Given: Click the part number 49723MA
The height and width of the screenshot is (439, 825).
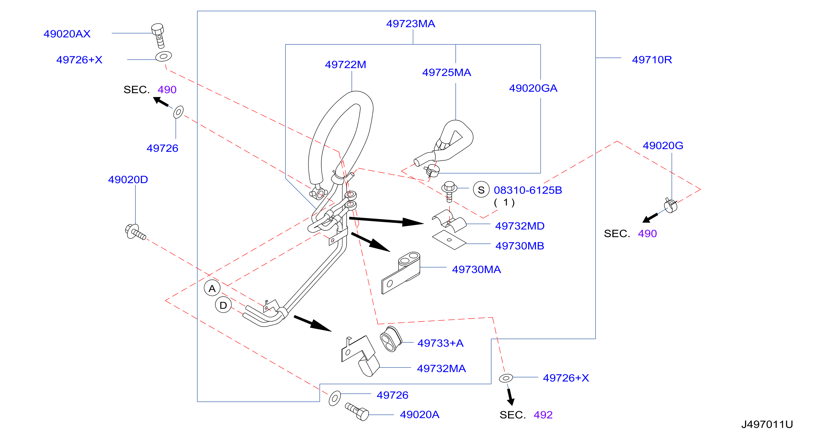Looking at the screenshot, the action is coord(411,24).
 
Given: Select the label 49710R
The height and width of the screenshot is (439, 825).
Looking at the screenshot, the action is coord(652,60).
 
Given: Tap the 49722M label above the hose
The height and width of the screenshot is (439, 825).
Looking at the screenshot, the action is coord(346,64).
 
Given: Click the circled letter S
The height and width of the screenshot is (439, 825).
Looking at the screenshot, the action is coord(481,190).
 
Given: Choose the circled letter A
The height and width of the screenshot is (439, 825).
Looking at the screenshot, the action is coord(212,288).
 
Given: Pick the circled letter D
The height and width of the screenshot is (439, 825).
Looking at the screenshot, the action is coord(223,305).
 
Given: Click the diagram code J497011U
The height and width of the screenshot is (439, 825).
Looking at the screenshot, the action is coord(767,424).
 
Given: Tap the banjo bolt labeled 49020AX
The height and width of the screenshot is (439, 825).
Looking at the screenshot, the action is coord(158,35).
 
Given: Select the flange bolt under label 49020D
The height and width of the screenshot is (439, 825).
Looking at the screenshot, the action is coord(135,232).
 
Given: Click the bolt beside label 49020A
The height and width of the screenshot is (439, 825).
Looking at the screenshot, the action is coord(357,412).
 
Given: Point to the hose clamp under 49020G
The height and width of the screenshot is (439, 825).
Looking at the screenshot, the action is coord(671,205).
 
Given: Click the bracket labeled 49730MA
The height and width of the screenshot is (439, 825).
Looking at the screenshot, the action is coord(401,273).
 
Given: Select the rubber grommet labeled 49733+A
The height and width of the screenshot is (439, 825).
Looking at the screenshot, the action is coord(391,339).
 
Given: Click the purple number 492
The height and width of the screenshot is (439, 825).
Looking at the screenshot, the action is coord(543,415).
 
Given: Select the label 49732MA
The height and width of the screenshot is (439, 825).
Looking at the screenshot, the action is coord(441,369).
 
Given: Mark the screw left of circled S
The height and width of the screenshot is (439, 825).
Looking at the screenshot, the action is coord(449,191).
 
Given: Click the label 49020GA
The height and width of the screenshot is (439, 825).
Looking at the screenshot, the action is coord(533,88).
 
